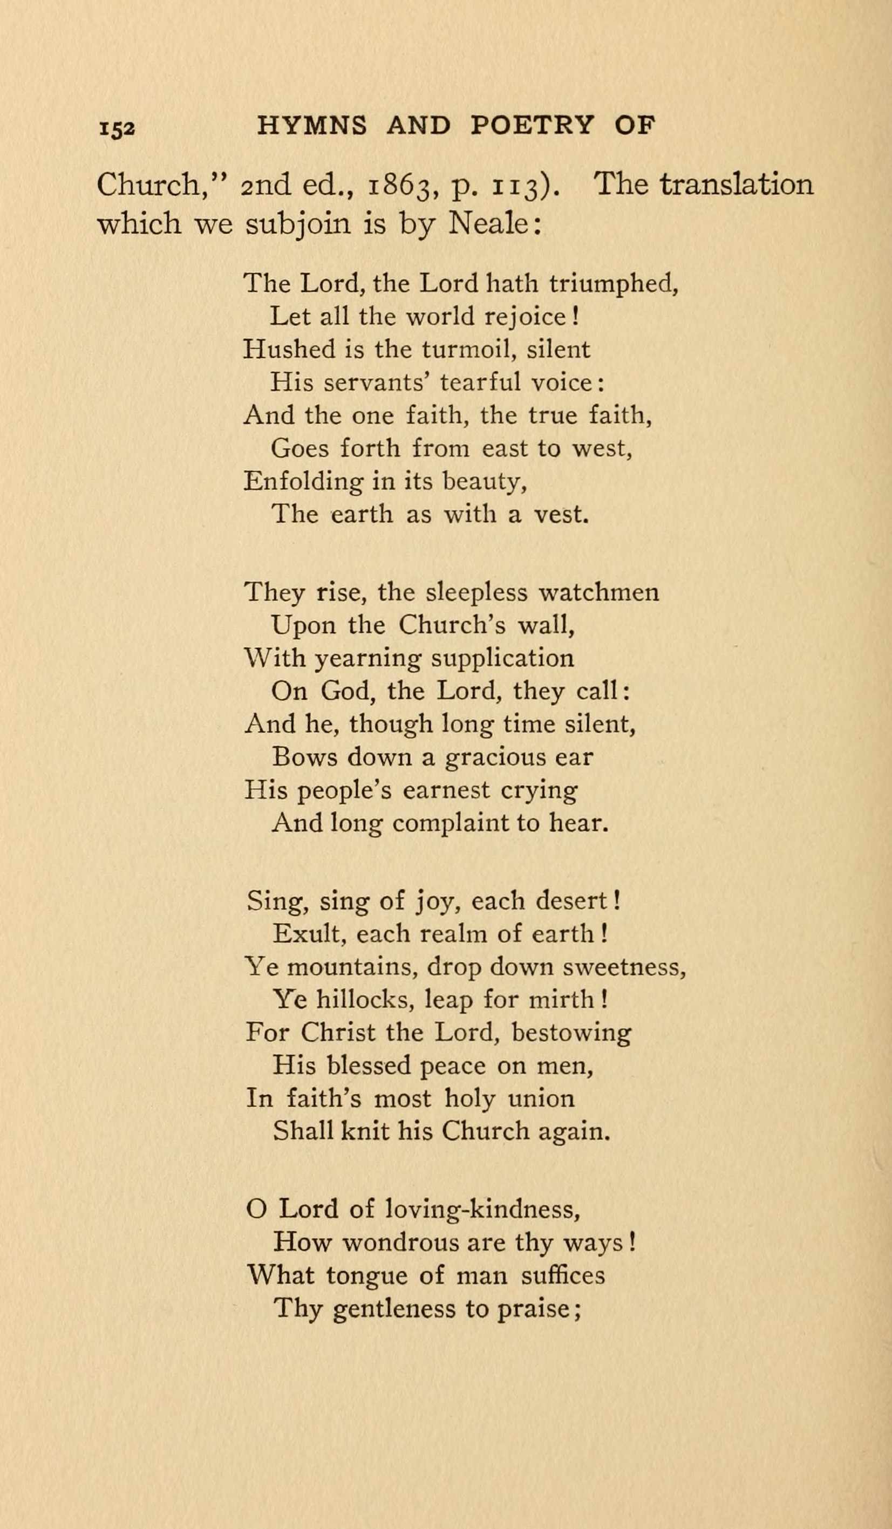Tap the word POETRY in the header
point(530,125)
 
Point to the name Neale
point(489,225)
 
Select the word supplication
point(502,658)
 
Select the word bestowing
point(571,1033)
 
